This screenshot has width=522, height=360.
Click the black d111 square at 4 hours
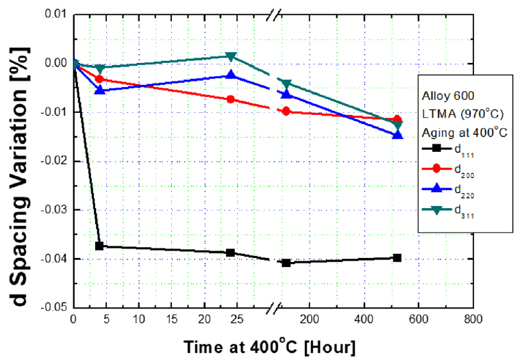pyautogui.click(x=99, y=246)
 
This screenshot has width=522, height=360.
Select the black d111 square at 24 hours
pyautogui.click(x=231, y=253)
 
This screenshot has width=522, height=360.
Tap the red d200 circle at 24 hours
pyautogui.click(x=231, y=99)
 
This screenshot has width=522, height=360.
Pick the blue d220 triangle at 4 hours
pyautogui.click(x=99, y=90)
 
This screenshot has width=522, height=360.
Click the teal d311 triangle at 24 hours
pyautogui.click(x=231, y=56)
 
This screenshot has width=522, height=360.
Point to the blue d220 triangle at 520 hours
pyautogui.click(x=397, y=135)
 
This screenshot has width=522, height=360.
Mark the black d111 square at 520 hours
pyautogui.click(x=397, y=257)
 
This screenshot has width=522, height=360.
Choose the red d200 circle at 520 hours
pyautogui.click(x=397, y=120)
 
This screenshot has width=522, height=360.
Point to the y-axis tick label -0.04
pyautogui.click(x=53, y=259)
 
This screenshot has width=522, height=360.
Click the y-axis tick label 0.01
pyautogui.click(x=55, y=14)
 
